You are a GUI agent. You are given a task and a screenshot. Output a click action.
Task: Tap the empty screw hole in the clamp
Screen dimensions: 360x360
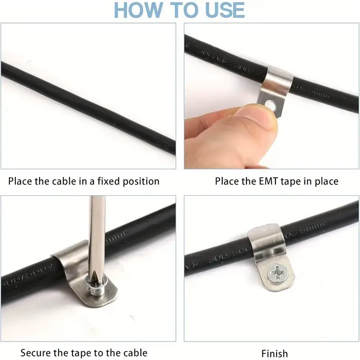pyautogui.click(x=270, y=105)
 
